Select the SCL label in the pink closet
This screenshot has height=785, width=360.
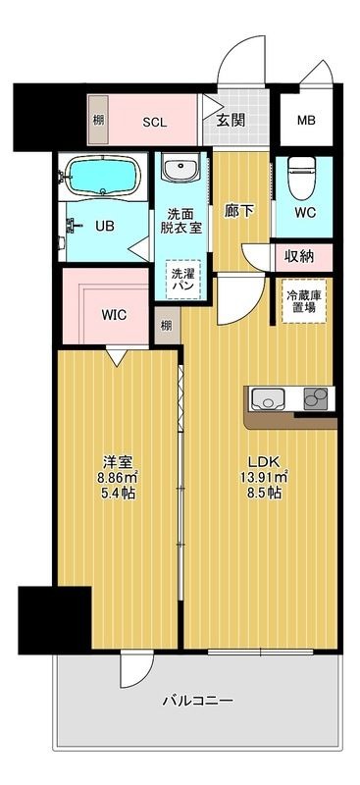tap(155, 123)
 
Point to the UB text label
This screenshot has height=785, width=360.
tap(104, 224)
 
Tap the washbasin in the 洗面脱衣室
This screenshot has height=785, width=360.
tap(181, 171)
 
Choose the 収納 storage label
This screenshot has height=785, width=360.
tap(300, 257)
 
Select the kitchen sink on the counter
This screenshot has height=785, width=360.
tap(268, 397)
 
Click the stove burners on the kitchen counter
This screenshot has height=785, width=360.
tap(316, 397)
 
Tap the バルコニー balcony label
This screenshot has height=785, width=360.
tap(196, 701)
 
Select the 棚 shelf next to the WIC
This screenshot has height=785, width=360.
tap(166, 325)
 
